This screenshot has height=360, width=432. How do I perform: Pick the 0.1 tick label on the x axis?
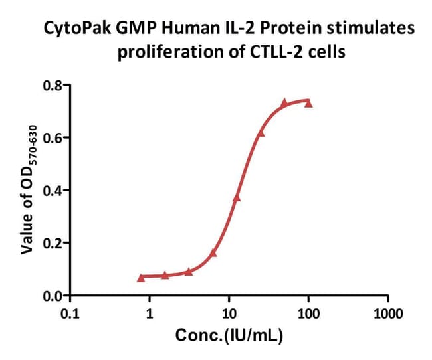point(70,313)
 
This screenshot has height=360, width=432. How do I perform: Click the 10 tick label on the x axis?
point(229,313)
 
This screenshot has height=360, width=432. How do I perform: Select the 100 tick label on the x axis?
point(308,313)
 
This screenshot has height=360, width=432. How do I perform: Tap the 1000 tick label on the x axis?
point(387,313)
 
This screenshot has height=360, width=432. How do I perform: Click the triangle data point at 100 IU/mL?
point(308,104)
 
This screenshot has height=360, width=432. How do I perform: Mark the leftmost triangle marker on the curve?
point(141,278)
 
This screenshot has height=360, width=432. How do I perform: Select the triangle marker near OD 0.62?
point(261,133)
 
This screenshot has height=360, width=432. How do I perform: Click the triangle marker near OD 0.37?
point(237,198)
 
